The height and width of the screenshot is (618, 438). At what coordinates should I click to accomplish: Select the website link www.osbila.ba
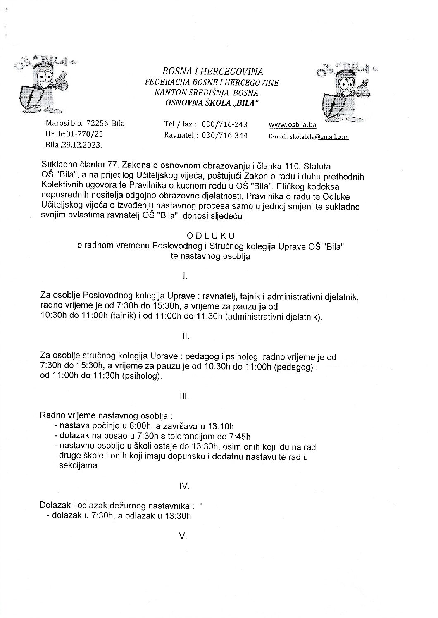[x=292, y=125]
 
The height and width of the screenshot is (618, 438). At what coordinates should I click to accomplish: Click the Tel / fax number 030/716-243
[x=224, y=124]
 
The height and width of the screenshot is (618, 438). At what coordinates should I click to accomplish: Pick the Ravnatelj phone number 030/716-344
[x=224, y=135]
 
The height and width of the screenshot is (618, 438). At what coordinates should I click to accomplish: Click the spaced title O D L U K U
[x=210, y=236]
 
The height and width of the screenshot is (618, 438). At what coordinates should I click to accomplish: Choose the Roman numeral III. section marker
[x=184, y=396]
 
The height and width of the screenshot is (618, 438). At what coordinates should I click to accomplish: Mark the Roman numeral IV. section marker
[x=184, y=486]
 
